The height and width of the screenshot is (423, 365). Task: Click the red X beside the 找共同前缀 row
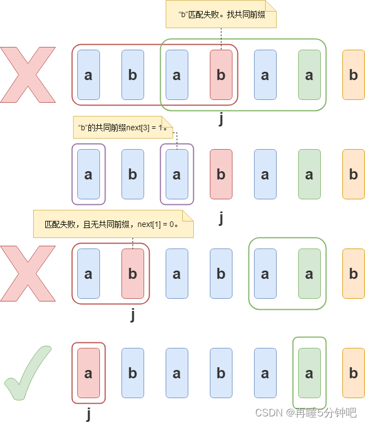pyautogui.click(x=28, y=75)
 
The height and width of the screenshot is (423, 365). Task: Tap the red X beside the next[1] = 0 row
pyautogui.click(x=28, y=273)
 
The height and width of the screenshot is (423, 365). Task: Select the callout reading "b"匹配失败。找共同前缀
pyautogui.click(x=221, y=14)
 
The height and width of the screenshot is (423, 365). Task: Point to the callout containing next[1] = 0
pyautogui.click(x=113, y=224)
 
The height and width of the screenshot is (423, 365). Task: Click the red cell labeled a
pyautogui.click(x=88, y=373)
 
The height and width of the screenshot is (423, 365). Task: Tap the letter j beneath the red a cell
pyautogui.click(x=88, y=413)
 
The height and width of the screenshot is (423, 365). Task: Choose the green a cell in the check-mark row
pyautogui.click(x=309, y=373)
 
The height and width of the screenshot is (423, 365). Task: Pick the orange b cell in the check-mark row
pyautogui.click(x=353, y=373)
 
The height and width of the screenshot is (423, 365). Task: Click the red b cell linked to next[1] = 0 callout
pyautogui.click(x=133, y=273)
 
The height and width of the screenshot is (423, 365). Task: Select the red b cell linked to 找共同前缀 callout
pyautogui.click(x=221, y=75)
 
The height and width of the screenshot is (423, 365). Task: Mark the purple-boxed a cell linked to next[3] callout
pyautogui.click(x=177, y=174)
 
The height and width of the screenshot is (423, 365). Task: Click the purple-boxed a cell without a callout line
pyautogui.click(x=88, y=174)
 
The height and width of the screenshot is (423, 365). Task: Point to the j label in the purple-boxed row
pyautogui.click(x=221, y=218)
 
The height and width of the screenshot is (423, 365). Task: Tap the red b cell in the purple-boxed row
pyautogui.click(x=221, y=174)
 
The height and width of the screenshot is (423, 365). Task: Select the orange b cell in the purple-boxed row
pyautogui.click(x=353, y=174)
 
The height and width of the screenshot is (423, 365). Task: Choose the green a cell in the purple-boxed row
pyautogui.click(x=309, y=174)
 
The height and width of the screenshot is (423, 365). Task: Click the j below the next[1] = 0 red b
pyautogui.click(x=133, y=315)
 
